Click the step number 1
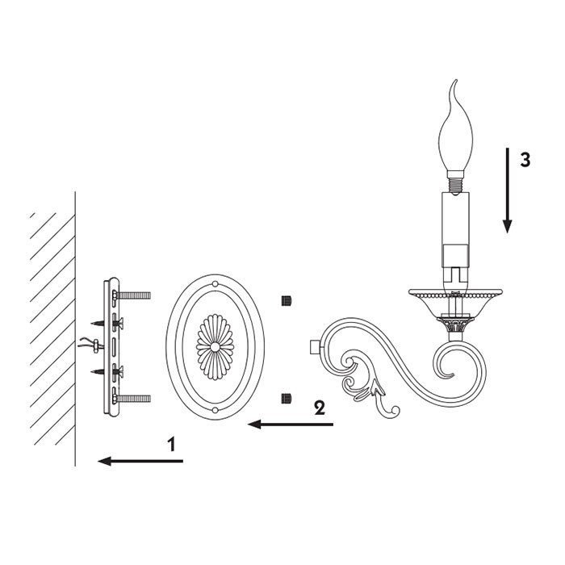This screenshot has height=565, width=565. click(x=172, y=444)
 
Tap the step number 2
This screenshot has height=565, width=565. click(x=320, y=408)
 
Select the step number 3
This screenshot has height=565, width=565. click(x=525, y=160)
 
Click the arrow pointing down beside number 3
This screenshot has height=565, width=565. click(x=508, y=190)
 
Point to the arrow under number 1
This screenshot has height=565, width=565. click(x=140, y=461)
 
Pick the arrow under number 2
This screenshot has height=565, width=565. click(x=291, y=425)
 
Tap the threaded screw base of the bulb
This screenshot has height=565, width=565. click(x=455, y=186)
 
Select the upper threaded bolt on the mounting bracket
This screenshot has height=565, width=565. click(x=132, y=296)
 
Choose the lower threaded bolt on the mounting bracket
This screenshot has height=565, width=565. click(x=132, y=399)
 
